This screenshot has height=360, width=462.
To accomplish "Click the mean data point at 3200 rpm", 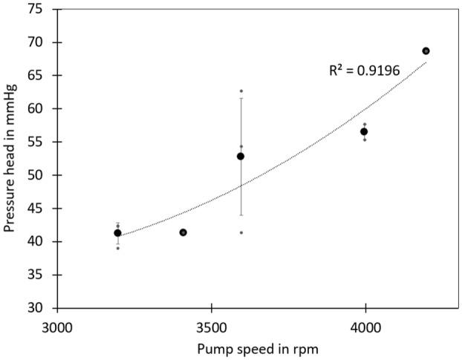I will [x=117, y=233].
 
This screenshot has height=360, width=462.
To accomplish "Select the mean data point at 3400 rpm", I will [x=183, y=232].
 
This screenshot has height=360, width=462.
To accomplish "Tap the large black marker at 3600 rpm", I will [x=241, y=156].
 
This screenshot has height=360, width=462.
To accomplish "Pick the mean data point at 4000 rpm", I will [x=364, y=131].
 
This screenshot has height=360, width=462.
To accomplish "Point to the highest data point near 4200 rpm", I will [x=426, y=50].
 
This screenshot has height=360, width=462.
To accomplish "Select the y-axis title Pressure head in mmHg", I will [x=10, y=159].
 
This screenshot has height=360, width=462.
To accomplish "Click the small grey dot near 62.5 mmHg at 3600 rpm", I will [x=241, y=91].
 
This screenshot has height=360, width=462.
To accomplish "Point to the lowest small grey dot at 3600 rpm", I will [x=241, y=232].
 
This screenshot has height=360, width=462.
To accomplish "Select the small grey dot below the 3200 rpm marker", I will [x=117, y=248].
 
